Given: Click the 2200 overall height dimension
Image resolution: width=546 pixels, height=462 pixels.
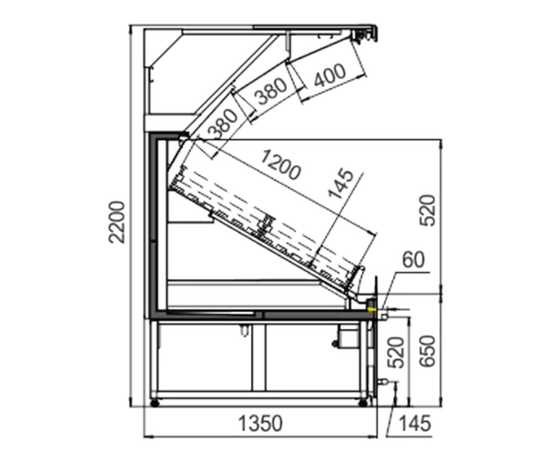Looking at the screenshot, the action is point(116,222).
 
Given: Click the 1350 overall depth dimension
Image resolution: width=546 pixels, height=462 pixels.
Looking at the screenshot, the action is point(260,424).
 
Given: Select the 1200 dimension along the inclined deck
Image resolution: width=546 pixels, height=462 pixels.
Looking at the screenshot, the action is point(280,165).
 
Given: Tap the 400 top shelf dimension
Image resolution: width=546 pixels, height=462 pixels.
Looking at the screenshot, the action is point(329,75).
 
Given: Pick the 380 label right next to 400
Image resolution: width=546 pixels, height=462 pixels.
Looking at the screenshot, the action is point(272,92).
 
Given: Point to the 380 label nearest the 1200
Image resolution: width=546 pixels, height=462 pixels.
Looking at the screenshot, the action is point(223,124).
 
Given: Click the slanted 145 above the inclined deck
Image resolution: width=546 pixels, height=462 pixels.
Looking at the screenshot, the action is point(341,183).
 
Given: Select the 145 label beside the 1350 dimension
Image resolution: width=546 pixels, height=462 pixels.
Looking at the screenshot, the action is point(414,424).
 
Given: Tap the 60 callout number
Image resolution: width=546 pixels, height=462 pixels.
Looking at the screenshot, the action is point(413,260).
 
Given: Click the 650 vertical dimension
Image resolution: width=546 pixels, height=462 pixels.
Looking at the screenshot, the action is point(427,351).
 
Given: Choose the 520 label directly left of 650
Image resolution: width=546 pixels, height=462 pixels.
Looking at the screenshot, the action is point(397,353).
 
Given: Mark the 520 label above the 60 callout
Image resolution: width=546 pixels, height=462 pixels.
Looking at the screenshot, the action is point(427,211).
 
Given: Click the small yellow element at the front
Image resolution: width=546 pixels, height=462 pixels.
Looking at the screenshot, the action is point(371,308).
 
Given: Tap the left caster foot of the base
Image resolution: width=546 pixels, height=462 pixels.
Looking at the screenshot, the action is point(155,403).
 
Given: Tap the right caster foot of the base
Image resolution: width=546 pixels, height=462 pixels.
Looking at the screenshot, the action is point(363,403).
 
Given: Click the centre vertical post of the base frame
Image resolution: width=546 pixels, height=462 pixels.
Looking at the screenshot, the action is point(258,357).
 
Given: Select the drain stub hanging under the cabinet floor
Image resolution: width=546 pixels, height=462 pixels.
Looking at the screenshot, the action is point(244,330).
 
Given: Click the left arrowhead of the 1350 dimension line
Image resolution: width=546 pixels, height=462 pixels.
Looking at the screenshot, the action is point(147,436).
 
